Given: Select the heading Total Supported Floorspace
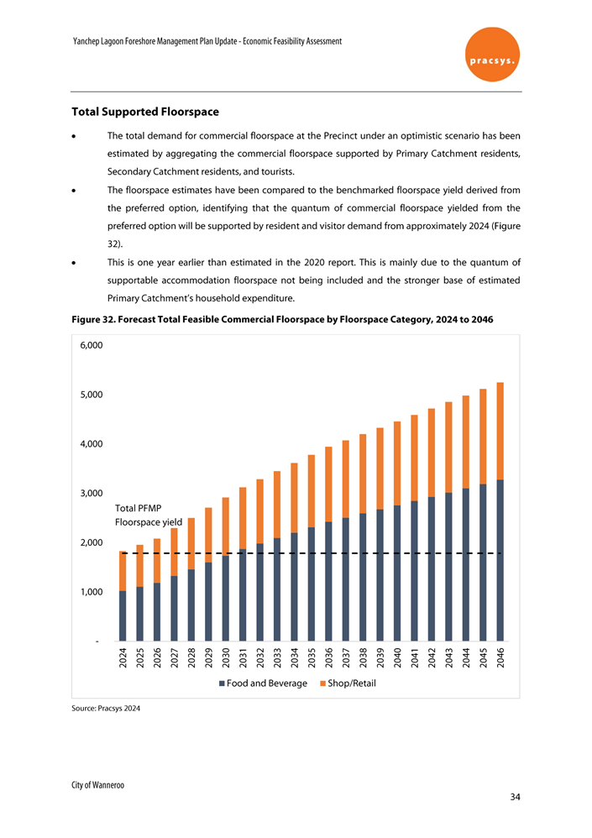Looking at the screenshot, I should pos(144,111).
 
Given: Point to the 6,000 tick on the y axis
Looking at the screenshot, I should pos(92,345).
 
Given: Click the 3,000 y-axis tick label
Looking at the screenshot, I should pos(92,493).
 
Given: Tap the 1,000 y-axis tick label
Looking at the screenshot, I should pos(92,592).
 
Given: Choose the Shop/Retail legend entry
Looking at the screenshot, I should pos(348,683).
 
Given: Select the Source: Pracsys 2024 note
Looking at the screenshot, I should pos(106,709).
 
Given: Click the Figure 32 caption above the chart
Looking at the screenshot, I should pos(282,320).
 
